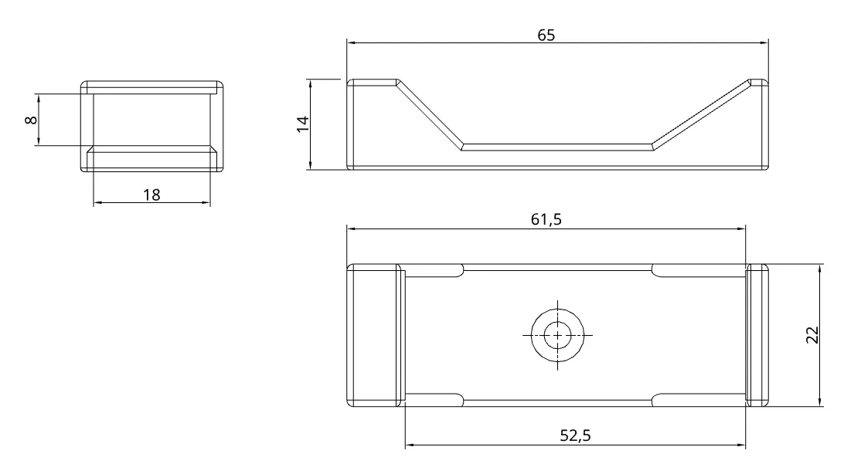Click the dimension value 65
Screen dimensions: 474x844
coord(546,36)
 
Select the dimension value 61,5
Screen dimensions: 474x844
coord(546,219)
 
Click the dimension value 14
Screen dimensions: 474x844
coord(303,124)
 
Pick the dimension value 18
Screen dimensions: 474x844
coord(151,195)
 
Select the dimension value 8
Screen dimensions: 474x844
coord(30,120)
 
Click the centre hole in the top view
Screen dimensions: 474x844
coord(556,335)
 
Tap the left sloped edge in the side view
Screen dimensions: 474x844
coord(430,113)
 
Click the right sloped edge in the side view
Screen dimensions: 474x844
coord(700,113)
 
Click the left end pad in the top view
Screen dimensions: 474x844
coord(374,335)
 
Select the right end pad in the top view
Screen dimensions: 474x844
coord(758,335)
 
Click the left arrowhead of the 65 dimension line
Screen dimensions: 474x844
coord(350,43)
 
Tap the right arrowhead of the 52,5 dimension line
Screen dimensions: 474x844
coord(742,445)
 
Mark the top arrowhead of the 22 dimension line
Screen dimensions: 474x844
coord(818,268)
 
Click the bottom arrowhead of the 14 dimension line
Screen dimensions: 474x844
coord(310,165)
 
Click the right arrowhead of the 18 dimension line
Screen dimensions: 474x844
coord(206,203)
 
